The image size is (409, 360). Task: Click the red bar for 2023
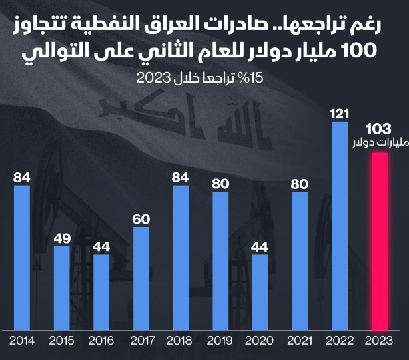tap(379, 241)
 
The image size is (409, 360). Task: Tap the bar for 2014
tap(22, 257)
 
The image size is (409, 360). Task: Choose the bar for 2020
tap(260, 291)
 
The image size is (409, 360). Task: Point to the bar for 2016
tap(101, 291)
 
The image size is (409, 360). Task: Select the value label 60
tap(141, 218)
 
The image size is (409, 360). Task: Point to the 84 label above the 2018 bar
tap(181, 177)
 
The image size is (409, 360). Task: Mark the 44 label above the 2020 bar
tap(260, 246)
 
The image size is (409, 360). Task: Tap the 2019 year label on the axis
tap(220, 341)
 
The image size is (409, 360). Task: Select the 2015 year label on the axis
tap(62, 341)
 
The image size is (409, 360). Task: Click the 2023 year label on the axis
tap(379, 341)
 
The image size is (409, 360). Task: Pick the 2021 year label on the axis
tap(300, 341)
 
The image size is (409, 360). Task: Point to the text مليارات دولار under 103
tap(379, 143)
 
